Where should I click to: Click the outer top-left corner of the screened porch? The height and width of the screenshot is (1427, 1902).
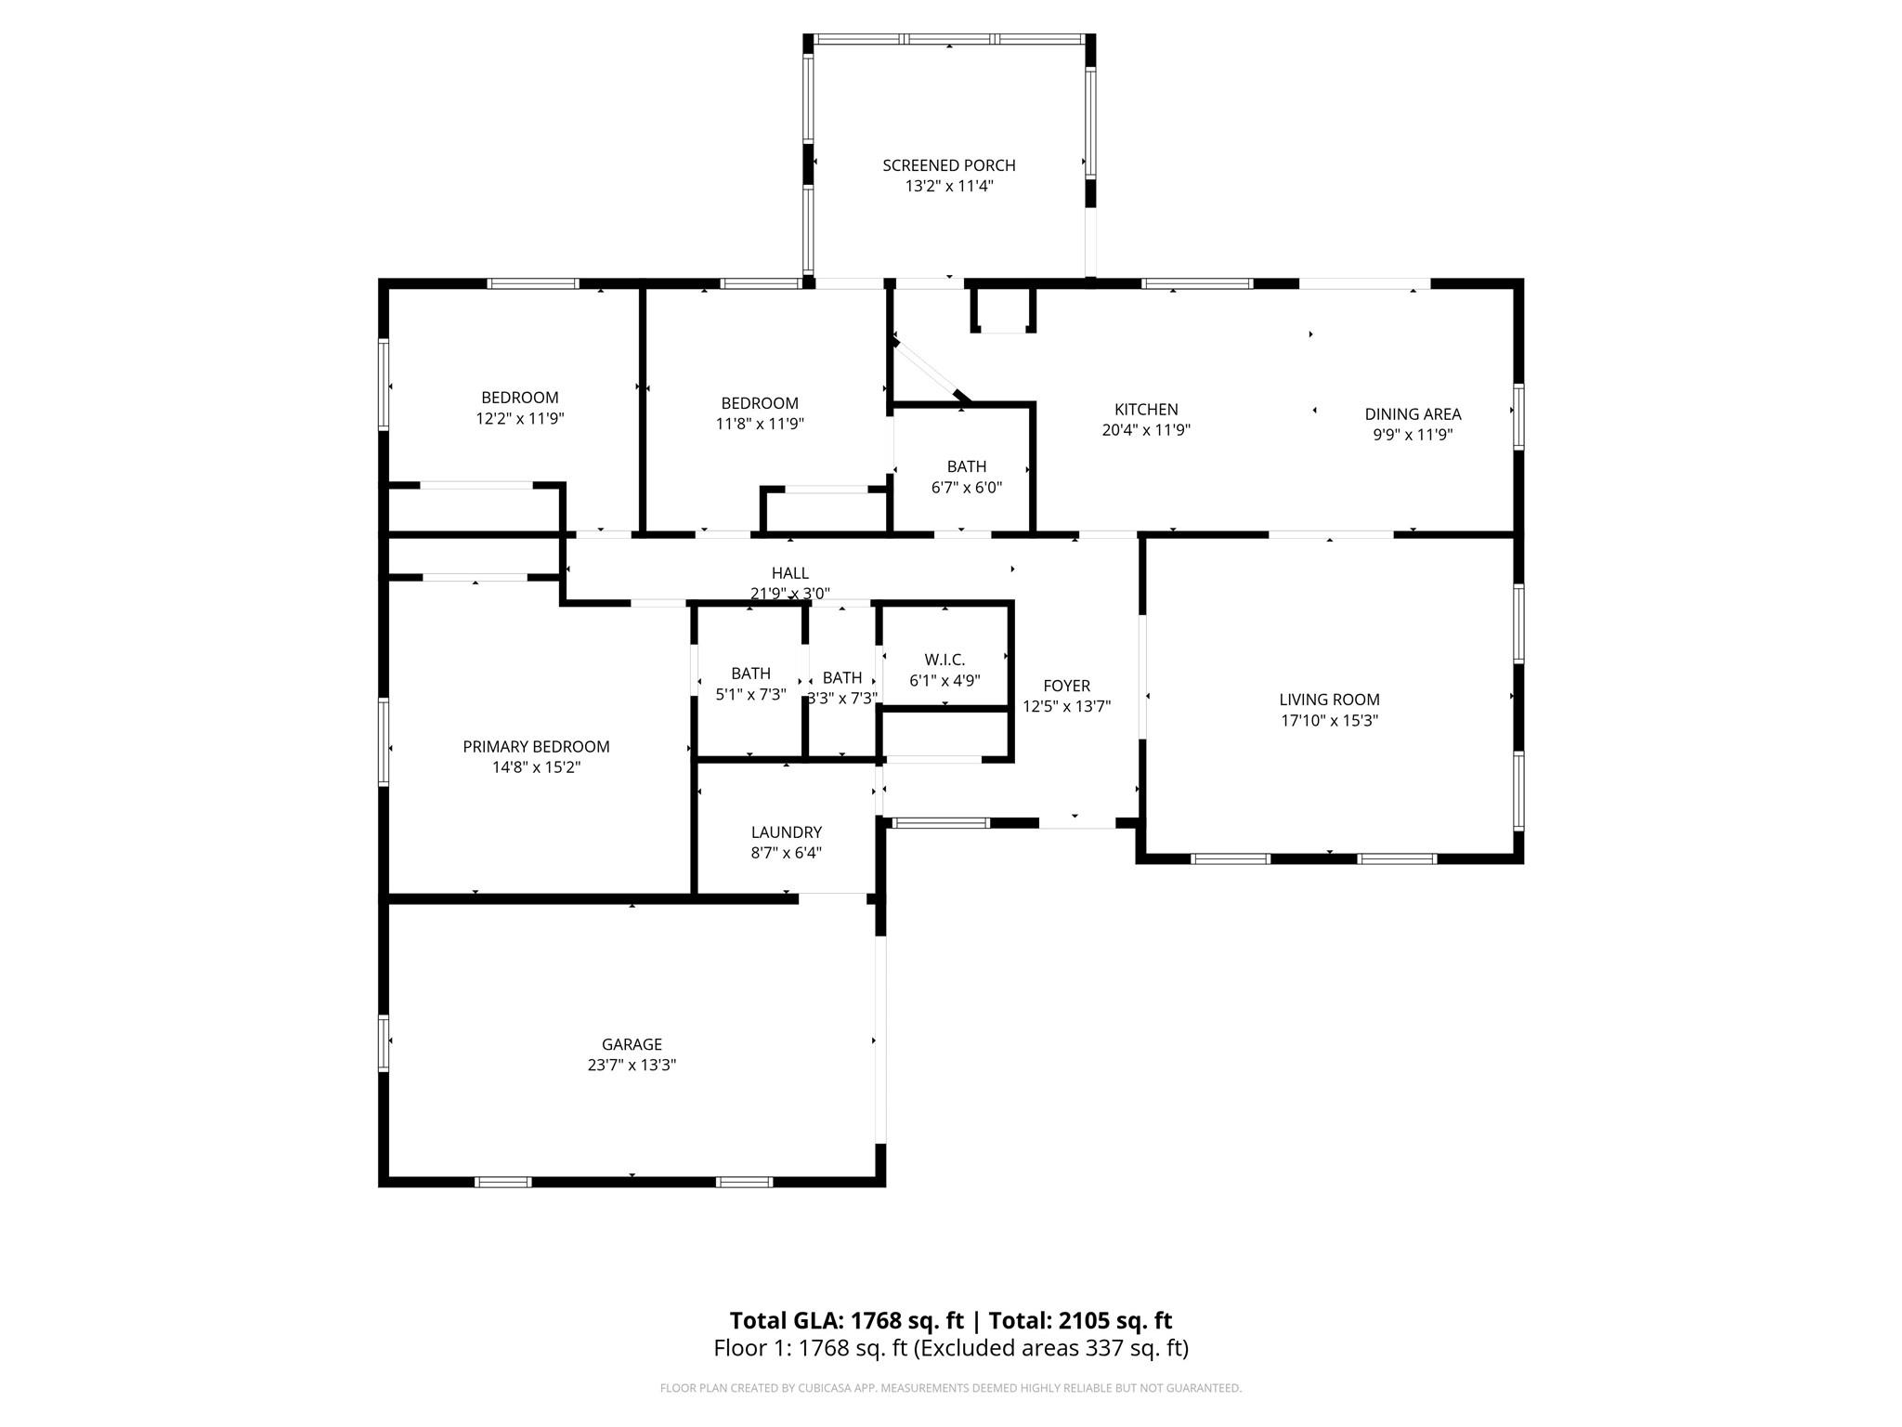click(x=804, y=35)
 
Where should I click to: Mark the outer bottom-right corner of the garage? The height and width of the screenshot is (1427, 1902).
click(x=885, y=1186)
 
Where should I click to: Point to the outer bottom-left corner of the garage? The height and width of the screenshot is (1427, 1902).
click(x=379, y=1186)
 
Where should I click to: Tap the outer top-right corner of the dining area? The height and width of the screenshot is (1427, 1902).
click(x=1523, y=279)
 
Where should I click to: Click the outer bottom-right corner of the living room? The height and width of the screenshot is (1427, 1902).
click(x=1523, y=863)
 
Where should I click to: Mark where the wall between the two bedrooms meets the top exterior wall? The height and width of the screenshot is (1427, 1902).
click(x=642, y=283)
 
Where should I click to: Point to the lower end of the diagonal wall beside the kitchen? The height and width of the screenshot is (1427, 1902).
click(x=966, y=403)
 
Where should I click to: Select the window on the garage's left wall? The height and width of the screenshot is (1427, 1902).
click(x=383, y=1043)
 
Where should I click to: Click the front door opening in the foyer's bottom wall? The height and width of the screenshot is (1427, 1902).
click(x=1076, y=823)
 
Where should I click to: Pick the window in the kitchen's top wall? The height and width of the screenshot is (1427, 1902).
click(x=1196, y=283)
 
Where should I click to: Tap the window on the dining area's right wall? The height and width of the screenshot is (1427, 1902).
click(x=1518, y=416)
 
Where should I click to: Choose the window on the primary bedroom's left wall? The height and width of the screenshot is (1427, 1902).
click(x=383, y=741)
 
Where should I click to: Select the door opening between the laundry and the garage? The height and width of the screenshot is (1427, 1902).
click(x=832, y=898)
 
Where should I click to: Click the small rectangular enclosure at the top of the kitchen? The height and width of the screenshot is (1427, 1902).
click(x=1003, y=310)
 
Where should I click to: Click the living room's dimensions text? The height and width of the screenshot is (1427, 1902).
click(x=1329, y=720)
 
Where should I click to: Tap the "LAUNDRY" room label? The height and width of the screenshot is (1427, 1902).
click(x=787, y=832)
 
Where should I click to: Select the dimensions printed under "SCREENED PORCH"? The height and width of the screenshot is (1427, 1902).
click(x=949, y=186)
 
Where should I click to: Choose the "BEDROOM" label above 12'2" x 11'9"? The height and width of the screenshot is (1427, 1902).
click(x=520, y=398)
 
